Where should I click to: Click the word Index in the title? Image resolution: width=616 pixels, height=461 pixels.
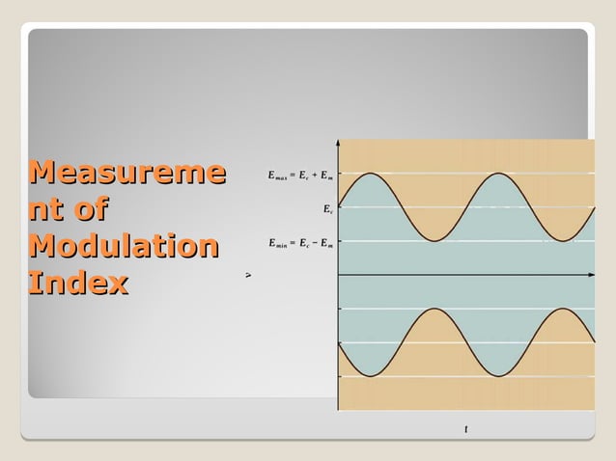coord(78,284)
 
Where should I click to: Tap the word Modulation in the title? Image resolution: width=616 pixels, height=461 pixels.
coord(123,247)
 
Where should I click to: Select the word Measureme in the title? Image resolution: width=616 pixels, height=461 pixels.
coord(127,174)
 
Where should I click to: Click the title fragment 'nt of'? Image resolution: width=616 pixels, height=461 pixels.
coord(68,210)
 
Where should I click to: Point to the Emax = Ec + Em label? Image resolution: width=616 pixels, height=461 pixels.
coord(300,175)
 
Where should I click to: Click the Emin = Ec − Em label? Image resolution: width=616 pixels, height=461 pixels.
coord(300,242)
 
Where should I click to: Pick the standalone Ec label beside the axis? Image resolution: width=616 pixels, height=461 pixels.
coord(328,208)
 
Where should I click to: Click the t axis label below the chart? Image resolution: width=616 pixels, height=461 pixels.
coord(466,429)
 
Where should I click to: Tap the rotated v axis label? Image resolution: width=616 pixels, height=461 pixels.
coord(248,275)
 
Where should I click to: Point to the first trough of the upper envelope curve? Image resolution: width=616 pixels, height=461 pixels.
coord(434,241)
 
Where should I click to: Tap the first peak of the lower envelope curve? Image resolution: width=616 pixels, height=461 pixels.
coord(434,310)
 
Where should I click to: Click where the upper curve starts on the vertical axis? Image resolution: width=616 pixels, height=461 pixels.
coord(339,207)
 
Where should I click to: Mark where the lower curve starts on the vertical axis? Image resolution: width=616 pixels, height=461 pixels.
coord(339,343)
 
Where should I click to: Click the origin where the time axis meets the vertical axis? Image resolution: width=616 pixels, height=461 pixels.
coord(338,276)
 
